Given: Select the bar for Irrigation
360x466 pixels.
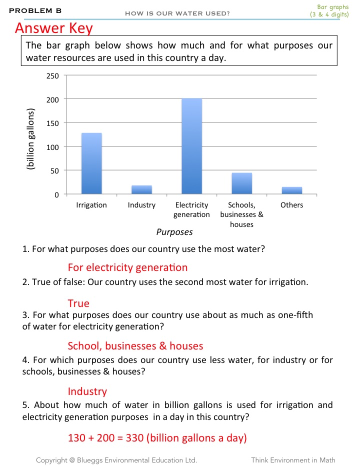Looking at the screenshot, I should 91,163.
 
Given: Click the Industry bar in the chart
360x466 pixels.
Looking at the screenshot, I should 141,189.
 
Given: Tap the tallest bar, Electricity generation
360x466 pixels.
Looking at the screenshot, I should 191,146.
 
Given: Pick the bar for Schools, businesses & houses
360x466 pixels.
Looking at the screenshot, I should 241,183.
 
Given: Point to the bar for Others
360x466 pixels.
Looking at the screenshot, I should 291,190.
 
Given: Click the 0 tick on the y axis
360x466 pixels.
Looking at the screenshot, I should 56,194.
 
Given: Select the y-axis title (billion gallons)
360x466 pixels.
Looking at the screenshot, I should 31,140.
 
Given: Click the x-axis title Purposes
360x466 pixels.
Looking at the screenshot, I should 174,232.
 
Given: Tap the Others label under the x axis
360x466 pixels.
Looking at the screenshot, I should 291,205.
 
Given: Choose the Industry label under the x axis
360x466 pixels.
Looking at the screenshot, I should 141,205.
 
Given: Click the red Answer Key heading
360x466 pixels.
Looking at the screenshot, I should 54,28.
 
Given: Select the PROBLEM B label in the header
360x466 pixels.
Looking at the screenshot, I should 35,10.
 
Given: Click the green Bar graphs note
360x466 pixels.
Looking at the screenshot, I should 330,10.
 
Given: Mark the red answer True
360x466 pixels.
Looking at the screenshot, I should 78,303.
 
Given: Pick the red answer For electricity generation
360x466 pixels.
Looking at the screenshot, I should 127,267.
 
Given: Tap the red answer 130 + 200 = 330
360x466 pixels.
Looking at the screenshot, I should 157,438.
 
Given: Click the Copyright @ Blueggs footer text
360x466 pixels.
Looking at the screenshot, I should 116,459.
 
